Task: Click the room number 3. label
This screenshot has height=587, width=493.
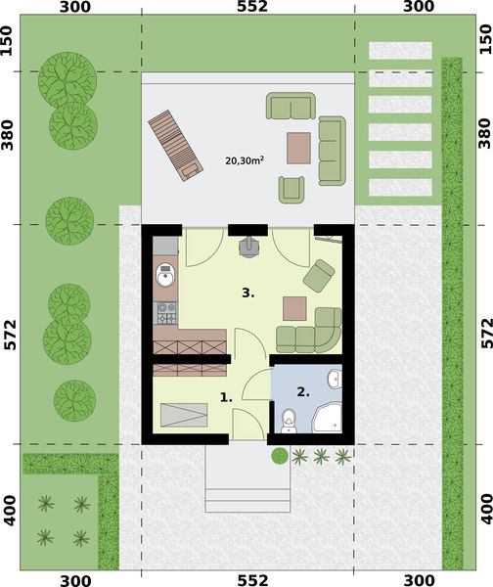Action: pyautogui.click(x=249, y=292)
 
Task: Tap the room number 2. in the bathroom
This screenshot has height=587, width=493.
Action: pyautogui.click(x=303, y=391)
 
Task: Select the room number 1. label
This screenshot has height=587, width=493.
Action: pyautogui.click(x=225, y=397)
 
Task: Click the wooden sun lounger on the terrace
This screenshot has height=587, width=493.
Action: pyautogui.click(x=176, y=146)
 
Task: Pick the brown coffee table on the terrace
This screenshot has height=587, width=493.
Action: pyautogui.click(x=300, y=148)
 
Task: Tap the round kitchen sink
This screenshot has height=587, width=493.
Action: pyautogui.click(x=164, y=278)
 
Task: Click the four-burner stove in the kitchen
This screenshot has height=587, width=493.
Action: pyautogui.click(x=166, y=314)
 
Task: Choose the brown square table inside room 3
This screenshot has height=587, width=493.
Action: pyautogui.click(x=295, y=308)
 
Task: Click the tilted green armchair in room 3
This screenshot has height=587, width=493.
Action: pyautogui.click(x=318, y=276)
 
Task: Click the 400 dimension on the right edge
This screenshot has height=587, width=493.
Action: pyautogui.click(x=484, y=511)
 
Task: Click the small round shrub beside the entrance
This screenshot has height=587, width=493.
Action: pyautogui.click(x=280, y=456)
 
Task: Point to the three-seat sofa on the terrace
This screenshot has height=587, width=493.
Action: pyautogui.click(x=333, y=151)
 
